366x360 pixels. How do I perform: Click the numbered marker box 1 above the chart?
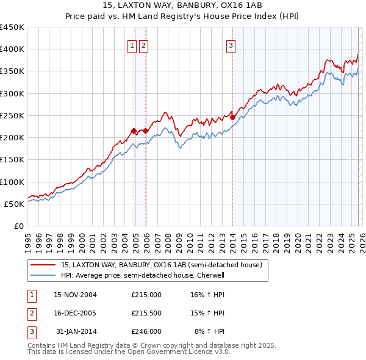coord(132,45)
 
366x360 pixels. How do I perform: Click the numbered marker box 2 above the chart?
coord(143,45)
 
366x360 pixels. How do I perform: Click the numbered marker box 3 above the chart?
coord(232,45)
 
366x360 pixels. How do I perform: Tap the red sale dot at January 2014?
coord(233,117)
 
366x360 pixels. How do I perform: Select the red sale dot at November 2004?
coord(134,131)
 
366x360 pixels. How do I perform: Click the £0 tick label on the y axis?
coord(19,226)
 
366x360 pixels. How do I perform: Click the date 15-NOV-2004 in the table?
coord(75,294)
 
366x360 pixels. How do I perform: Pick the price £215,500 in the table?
coord(146,313)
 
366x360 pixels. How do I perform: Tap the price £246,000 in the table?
coord(146,331)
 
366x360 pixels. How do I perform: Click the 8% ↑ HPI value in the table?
coord(209,331)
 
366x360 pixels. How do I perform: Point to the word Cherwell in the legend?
coord(211,275)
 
